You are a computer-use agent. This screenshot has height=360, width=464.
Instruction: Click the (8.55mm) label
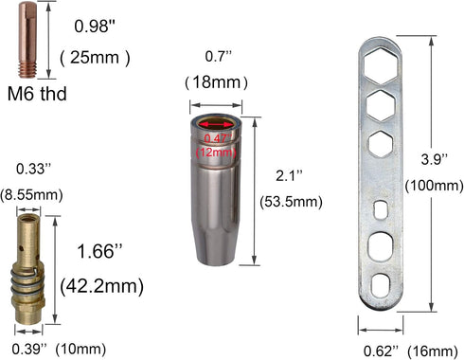click(30, 195)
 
